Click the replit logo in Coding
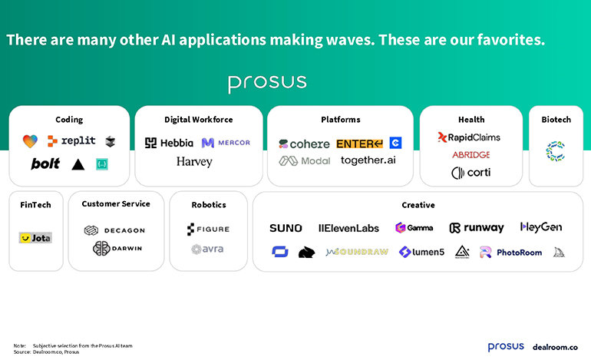(x=71, y=140)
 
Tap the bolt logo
(x=45, y=163)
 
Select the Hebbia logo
(x=169, y=142)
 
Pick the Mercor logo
(x=226, y=142)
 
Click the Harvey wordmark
(x=194, y=162)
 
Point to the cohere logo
(x=304, y=144)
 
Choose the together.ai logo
(x=368, y=160)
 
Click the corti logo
(x=470, y=173)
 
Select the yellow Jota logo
(x=35, y=238)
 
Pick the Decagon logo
(x=114, y=230)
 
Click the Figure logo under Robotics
(x=208, y=229)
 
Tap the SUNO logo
(x=286, y=228)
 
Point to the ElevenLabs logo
(x=348, y=228)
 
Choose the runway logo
(x=477, y=228)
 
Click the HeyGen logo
(x=540, y=227)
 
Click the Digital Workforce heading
(x=198, y=120)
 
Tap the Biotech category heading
(x=556, y=120)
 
